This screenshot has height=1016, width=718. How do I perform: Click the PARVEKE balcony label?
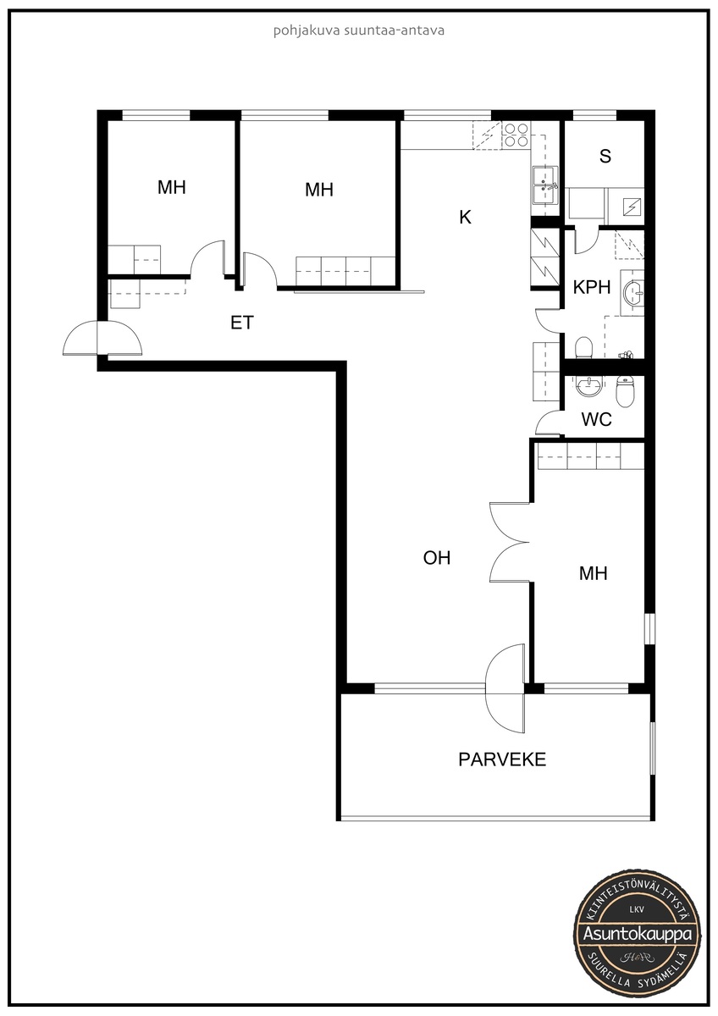click(502, 759)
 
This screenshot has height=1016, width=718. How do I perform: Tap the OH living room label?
click(437, 558)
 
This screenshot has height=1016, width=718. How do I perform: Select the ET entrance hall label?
click(242, 323)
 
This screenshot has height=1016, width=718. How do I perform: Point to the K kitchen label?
click(466, 218)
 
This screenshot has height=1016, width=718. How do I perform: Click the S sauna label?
click(605, 156)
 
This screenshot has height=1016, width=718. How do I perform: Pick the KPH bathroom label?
click(592, 287)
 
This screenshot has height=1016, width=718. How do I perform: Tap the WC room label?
click(596, 420)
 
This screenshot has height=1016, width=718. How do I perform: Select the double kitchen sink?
click(545, 185)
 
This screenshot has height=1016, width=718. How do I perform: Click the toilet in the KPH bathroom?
click(583, 348)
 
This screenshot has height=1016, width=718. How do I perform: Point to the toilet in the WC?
click(625, 391)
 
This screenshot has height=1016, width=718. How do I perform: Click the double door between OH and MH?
click(510, 542)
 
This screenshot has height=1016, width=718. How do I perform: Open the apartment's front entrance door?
click(102, 338)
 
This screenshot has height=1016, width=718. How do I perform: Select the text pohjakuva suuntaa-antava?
click(359, 30)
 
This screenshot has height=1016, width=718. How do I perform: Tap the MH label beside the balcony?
click(594, 574)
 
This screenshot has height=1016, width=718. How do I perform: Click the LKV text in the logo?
click(637, 909)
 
